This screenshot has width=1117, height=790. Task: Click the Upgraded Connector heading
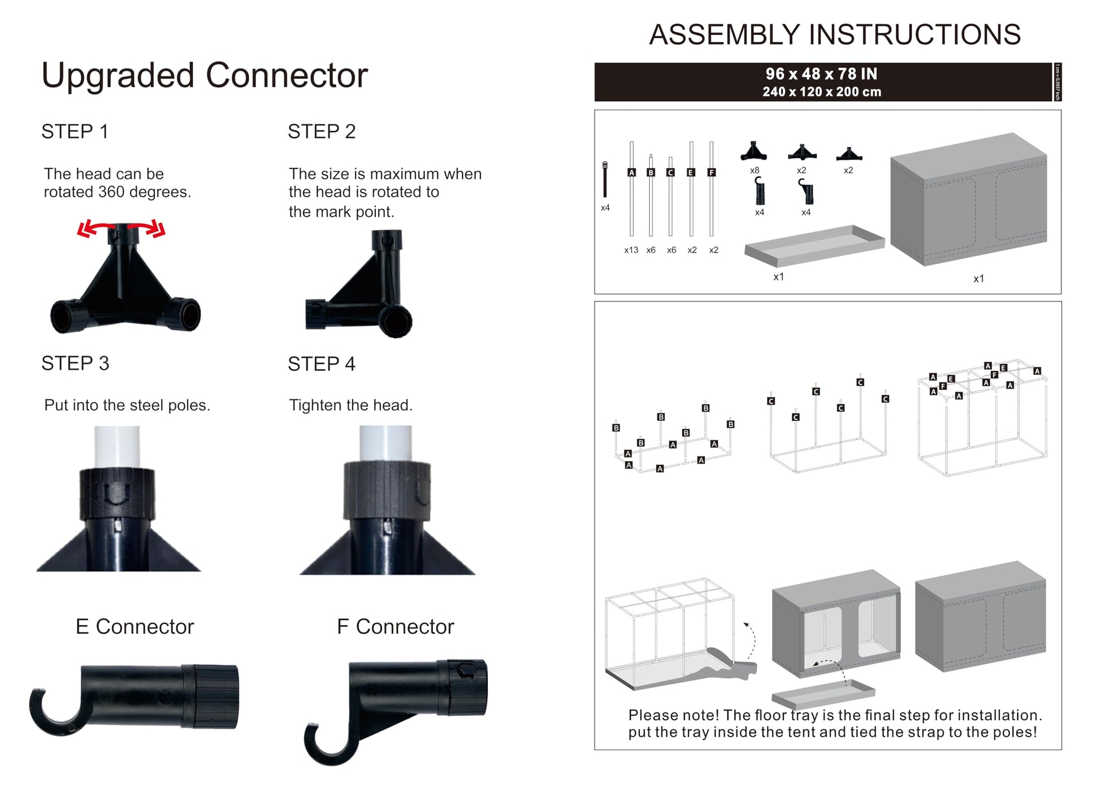[204, 76]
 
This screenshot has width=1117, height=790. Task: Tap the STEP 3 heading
[75, 363]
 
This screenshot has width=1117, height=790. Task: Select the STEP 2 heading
[321, 131]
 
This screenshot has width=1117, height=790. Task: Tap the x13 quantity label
[631, 250]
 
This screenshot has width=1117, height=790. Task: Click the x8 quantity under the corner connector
[754, 171]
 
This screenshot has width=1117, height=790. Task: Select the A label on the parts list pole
[631, 172]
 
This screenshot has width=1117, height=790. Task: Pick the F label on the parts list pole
[712, 172]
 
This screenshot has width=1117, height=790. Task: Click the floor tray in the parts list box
[814, 246]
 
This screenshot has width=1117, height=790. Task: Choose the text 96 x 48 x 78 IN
[821, 74]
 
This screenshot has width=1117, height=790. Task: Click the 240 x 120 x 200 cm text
[821, 92]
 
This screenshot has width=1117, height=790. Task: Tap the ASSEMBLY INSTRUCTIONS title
[835, 34]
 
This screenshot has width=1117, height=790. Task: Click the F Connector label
[395, 626]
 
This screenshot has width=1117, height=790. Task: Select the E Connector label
[135, 626]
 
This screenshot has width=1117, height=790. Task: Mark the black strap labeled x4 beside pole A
[605, 180]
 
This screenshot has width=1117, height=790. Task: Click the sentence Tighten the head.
[351, 405]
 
